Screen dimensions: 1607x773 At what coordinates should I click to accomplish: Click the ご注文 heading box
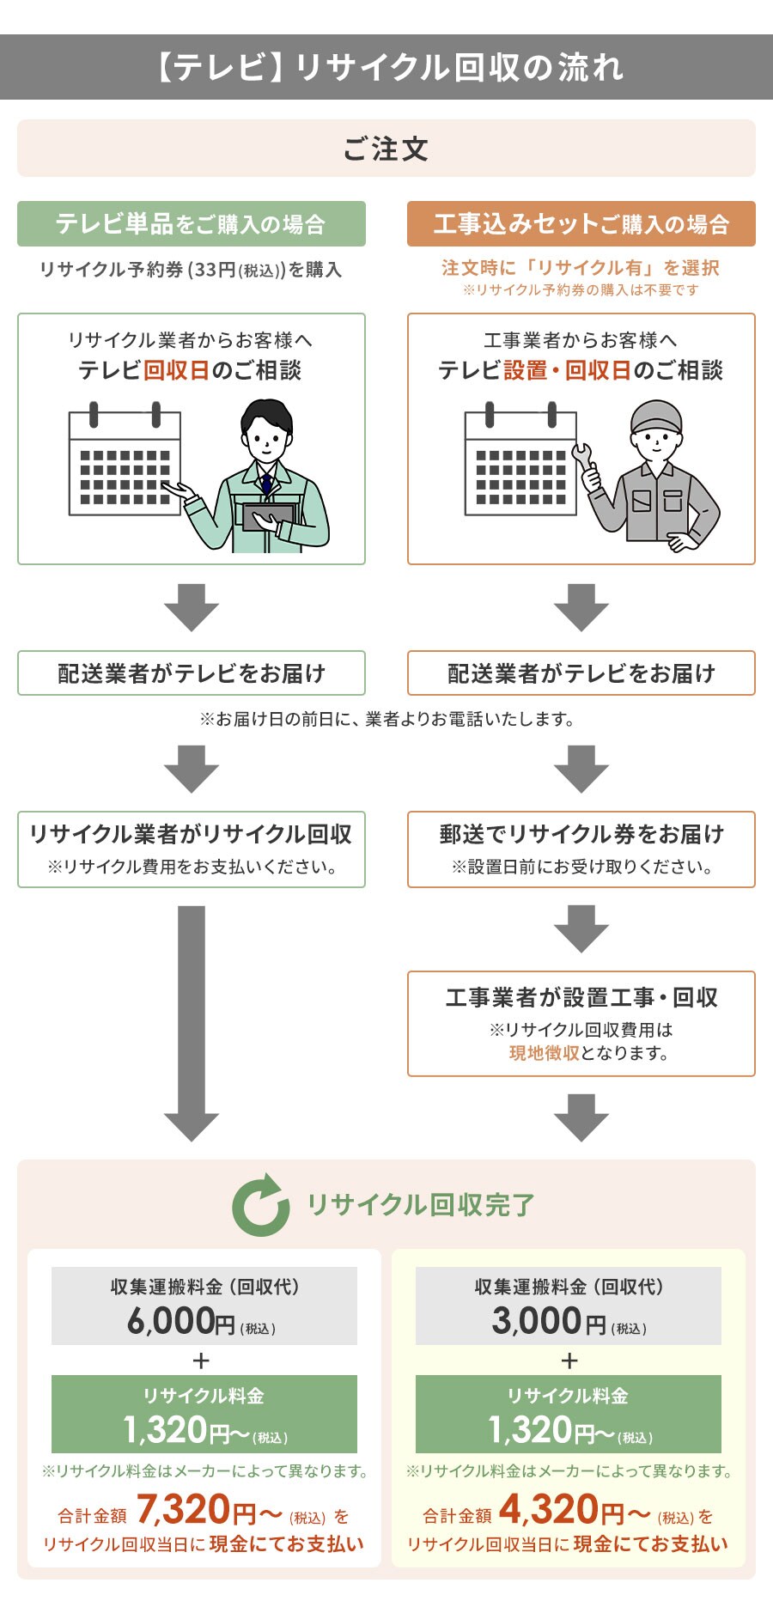[386, 149]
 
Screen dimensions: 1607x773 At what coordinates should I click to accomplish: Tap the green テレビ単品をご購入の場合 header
[191, 224]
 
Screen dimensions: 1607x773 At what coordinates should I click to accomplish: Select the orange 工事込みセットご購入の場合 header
[581, 224]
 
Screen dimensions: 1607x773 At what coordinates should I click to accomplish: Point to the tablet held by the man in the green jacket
[270, 516]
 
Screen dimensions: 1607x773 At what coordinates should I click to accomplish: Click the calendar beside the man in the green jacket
[125, 463]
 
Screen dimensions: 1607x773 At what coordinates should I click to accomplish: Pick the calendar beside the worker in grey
[520, 463]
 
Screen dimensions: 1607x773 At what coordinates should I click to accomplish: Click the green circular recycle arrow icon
[260, 1205]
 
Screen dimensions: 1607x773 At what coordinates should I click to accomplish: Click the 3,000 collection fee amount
[537, 1321]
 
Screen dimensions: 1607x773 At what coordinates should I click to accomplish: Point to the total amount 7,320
[183, 1509]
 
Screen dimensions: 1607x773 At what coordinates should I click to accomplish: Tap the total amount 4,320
[549, 1509]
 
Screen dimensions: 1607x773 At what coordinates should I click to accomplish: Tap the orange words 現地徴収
[544, 1053]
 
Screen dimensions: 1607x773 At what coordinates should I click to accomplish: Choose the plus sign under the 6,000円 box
[202, 1360]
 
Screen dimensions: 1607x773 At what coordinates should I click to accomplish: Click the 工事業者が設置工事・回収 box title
[581, 998]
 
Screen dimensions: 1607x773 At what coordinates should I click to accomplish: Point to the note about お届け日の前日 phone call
[386, 719]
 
